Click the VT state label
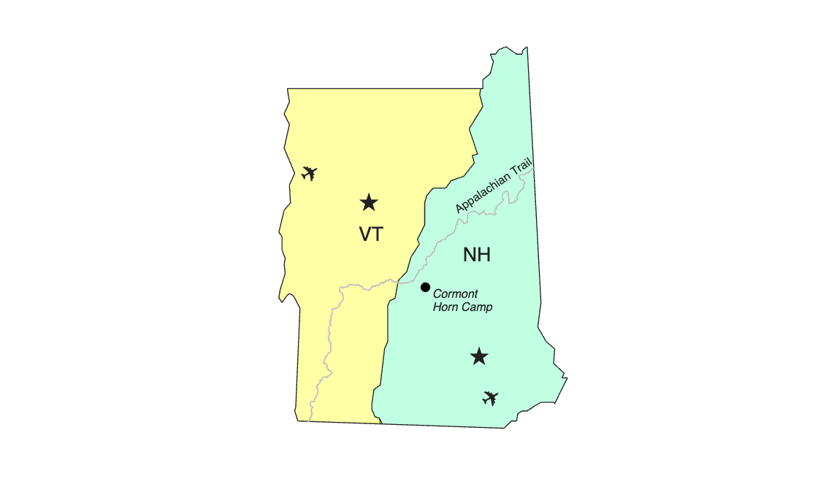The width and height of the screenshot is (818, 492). [x=371, y=234]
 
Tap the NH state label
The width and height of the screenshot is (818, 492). [x=477, y=255]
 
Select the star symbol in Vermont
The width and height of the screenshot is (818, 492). [x=369, y=202]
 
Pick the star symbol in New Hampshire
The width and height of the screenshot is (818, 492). [x=479, y=356]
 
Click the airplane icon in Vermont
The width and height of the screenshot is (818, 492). [x=310, y=173]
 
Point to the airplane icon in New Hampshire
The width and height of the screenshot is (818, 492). [x=490, y=398]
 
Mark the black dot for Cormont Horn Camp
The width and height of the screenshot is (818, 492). [x=425, y=287]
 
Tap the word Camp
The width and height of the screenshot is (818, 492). [x=477, y=307]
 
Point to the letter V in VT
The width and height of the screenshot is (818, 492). [x=364, y=234]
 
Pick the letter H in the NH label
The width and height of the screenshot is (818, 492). [x=483, y=255]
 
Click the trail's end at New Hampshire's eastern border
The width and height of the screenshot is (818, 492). [x=534, y=169]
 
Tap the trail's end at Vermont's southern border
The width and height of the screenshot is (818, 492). [x=309, y=421]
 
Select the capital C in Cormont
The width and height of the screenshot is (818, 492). [x=437, y=293]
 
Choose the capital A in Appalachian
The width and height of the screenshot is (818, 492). [x=459, y=208]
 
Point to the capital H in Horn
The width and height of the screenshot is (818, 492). [x=437, y=307]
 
